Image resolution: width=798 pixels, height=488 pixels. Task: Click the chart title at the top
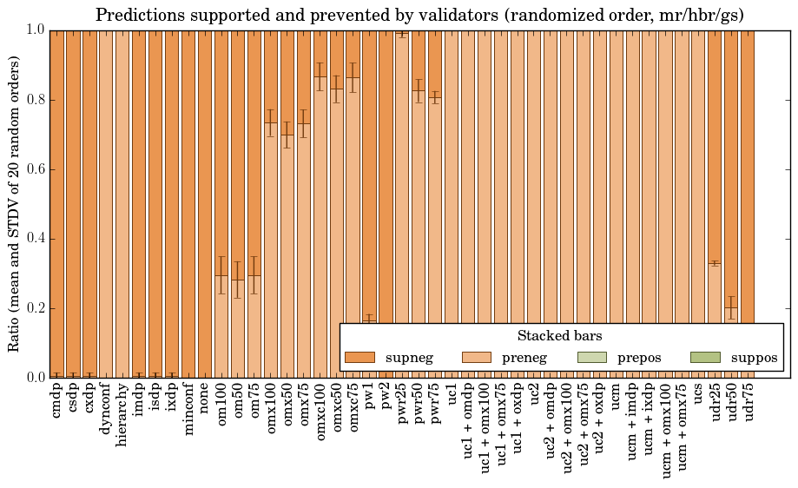419,15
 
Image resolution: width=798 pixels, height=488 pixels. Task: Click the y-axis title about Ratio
15,203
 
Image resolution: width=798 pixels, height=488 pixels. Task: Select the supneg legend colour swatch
359,357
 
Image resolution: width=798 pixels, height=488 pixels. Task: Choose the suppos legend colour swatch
705,357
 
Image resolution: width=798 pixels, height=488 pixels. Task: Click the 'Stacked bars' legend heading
560,335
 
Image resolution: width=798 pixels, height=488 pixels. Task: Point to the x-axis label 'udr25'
716,405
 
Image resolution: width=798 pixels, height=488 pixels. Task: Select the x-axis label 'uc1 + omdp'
468,426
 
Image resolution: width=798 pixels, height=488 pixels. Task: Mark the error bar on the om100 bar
221,274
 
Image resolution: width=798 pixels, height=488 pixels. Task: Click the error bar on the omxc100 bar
320,76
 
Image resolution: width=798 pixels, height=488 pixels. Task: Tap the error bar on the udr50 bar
732,307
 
